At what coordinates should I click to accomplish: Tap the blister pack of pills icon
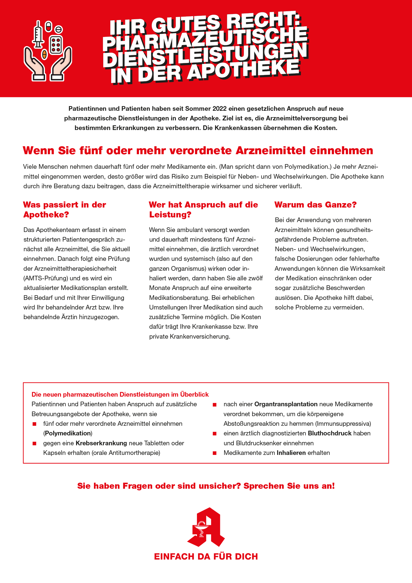point(56,45)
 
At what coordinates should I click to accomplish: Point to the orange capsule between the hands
point(44,54)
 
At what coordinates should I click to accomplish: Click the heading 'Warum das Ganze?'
point(315,205)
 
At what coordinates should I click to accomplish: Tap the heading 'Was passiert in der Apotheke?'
point(65,209)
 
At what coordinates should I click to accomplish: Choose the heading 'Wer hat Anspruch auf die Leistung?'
point(203,209)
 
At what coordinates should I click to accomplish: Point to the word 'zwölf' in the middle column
point(255,278)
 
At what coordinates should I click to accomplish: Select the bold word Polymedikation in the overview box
point(68,433)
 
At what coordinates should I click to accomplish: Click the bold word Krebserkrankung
point(101,443)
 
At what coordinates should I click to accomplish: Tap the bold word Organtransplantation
point(286,404)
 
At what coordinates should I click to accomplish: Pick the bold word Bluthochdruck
point(330,433)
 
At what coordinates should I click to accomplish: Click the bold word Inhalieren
point(291,453)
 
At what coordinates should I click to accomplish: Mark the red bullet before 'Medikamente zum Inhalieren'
point(215,453)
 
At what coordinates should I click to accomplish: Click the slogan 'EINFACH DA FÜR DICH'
point(206,557)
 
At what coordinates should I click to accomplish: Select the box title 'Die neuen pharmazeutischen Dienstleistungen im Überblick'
point(120,394)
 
